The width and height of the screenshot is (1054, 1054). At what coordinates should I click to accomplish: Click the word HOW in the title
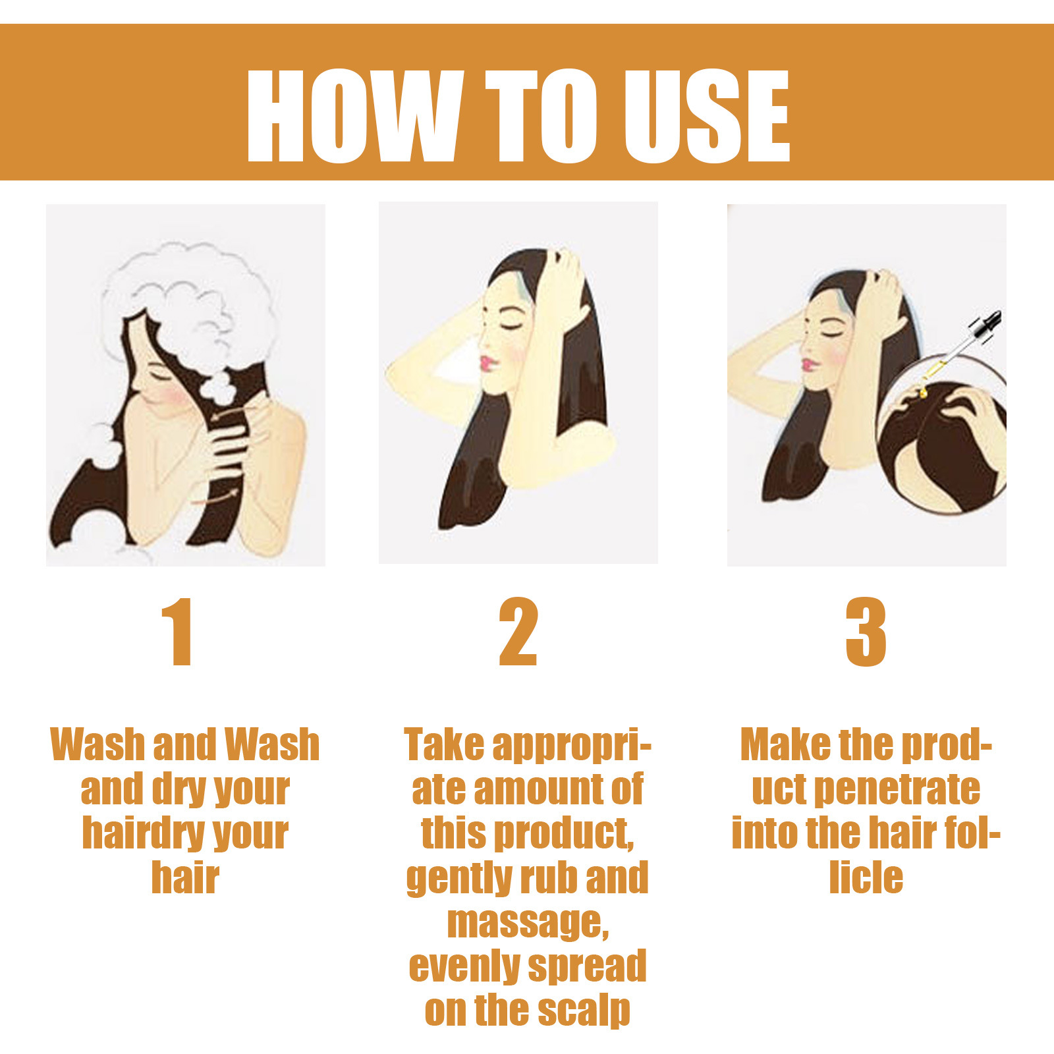[352, 116]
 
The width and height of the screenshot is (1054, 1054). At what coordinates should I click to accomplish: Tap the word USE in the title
[706, 116]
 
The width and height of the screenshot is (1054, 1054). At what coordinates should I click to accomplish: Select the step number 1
[177, 632]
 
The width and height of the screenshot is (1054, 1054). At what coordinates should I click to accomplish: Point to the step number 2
[518, 632]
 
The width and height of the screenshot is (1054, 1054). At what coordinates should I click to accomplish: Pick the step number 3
[866, 632]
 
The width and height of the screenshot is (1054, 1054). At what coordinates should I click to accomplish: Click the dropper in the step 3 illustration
[962, 349]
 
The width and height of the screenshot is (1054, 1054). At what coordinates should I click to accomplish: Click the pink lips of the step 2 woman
[487, 363]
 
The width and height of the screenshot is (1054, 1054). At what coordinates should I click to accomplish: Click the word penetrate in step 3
[897, 790]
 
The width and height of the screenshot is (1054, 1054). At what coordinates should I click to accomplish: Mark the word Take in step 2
[444, 745]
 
